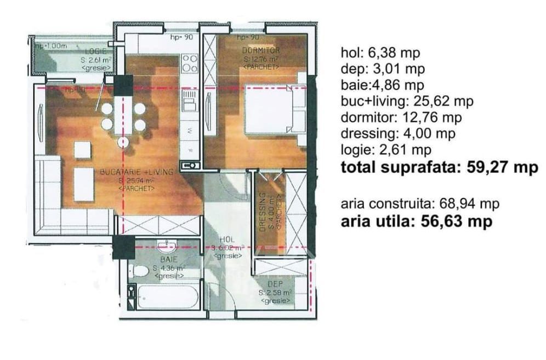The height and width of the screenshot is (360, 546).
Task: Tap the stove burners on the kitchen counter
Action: (190, 63)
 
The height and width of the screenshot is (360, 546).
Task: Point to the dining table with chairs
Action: (123, 117)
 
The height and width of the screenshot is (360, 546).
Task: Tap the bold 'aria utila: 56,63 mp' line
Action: (416, 221)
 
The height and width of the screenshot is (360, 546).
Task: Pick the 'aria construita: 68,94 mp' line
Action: (420, 204)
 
